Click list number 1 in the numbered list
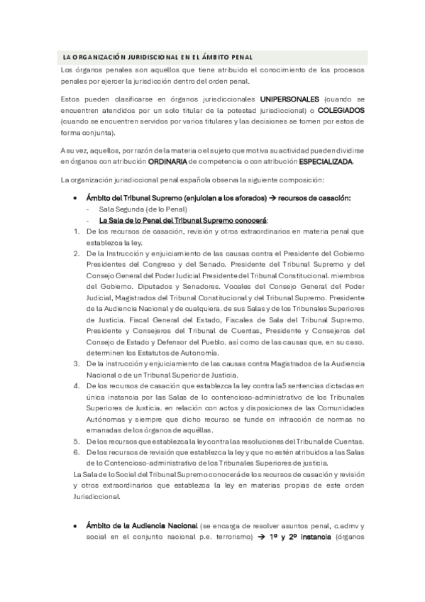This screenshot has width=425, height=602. tap(76, 231)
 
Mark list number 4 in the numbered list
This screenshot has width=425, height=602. tap(76, 385)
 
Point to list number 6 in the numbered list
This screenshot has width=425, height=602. tap(76, 451)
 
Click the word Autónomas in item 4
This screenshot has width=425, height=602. tap(105, 419)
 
